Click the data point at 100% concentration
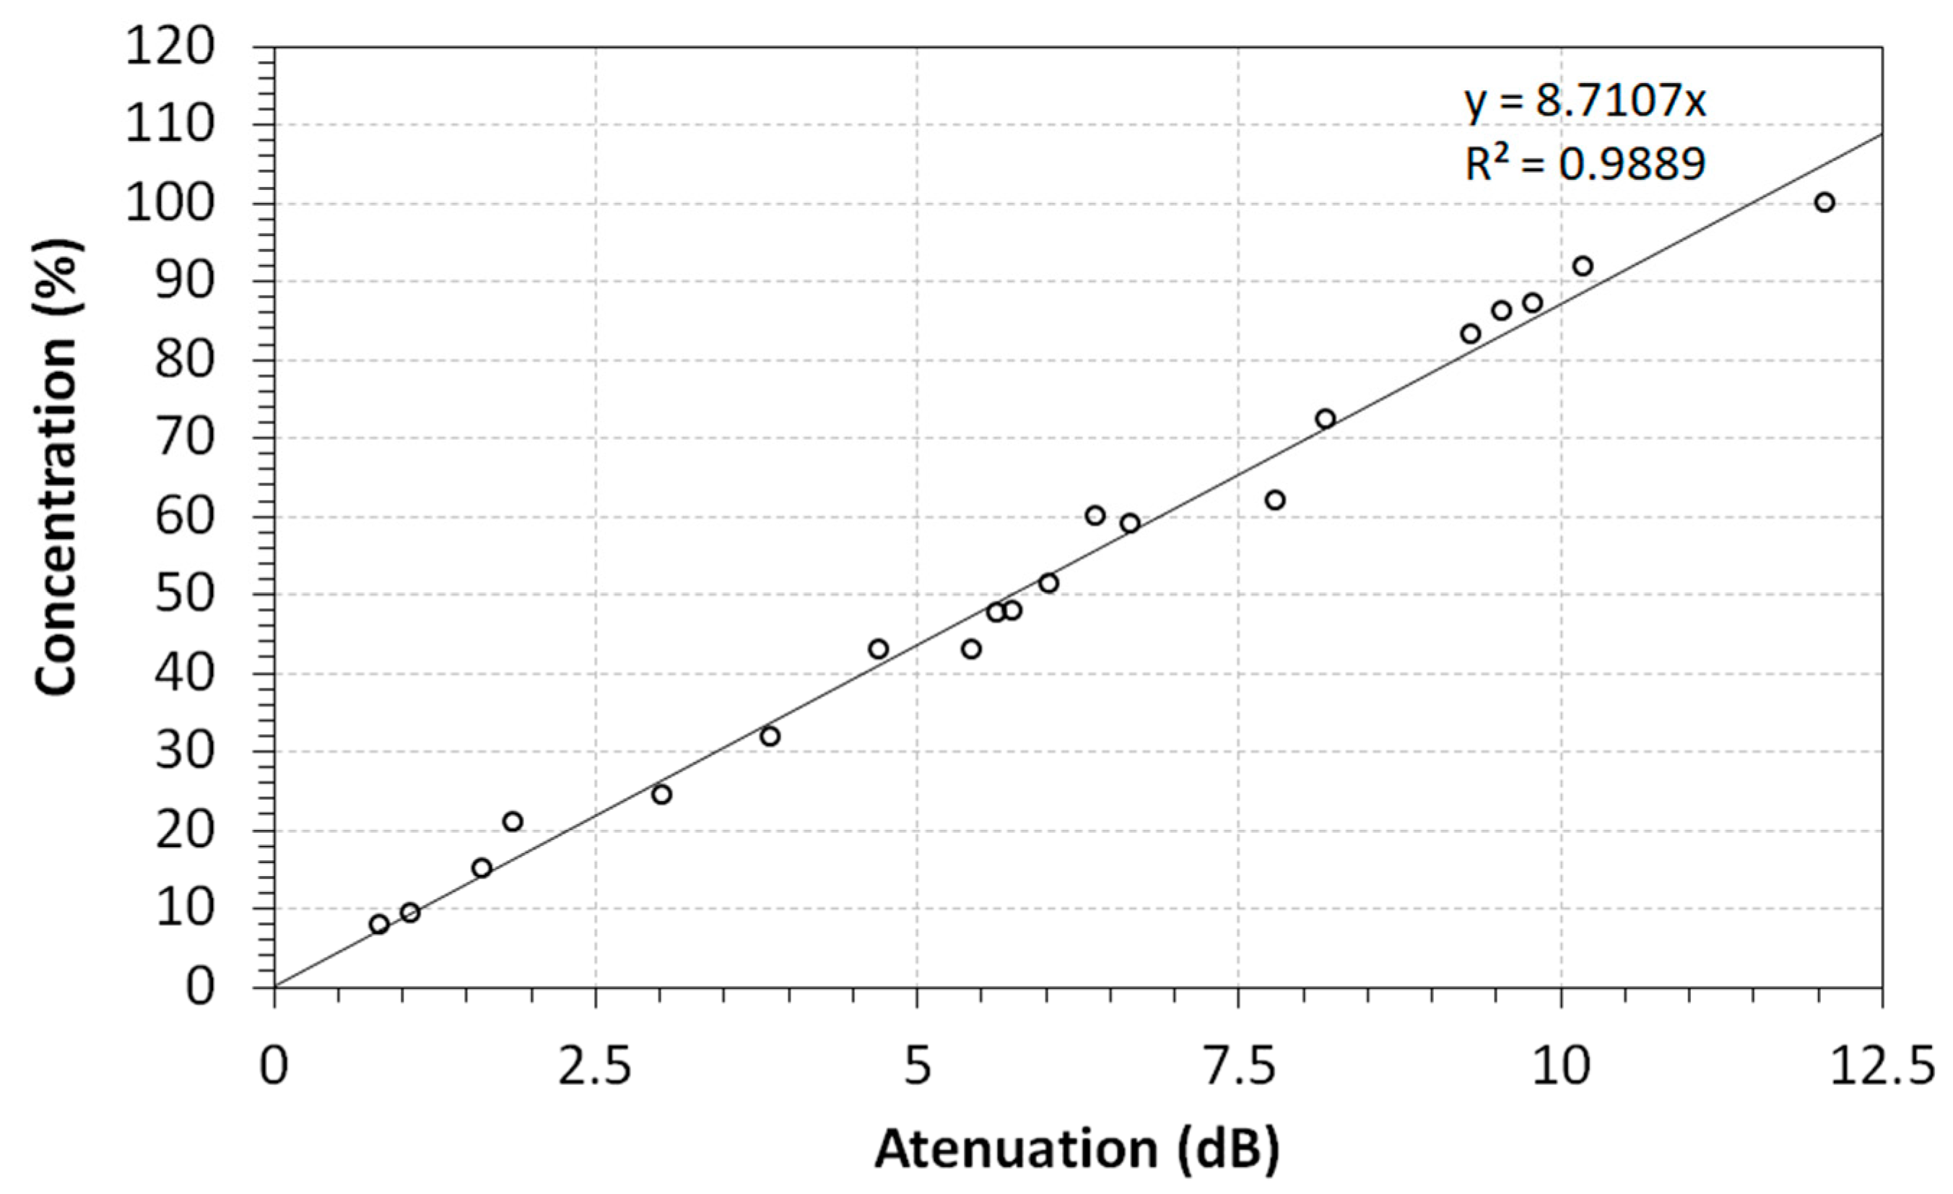(x=1824, y=202)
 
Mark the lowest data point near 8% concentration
(x=379, y=924)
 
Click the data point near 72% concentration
(x=1326, y=419)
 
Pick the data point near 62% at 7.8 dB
(x=1274, y=501)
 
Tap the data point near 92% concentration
(x=1583, y=266)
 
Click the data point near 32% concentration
(x=770, y=737)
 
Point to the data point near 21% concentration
(x=513, y=821)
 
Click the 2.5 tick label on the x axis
(x=594, y=1067)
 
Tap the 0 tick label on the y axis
(x=200, y=987)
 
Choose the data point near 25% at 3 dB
(x=662, y=795)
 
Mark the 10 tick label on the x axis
(x=1562, y=1067)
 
